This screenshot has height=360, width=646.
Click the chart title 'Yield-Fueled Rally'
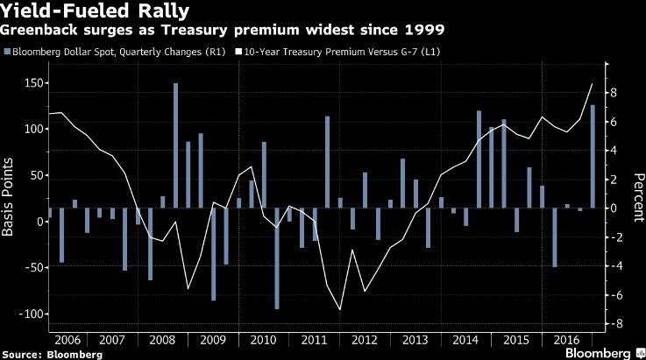click(79, 11)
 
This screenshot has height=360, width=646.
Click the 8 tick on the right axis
click(616, 93)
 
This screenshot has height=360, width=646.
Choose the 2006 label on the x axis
click(69, 339)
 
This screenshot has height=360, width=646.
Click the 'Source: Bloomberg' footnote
click(51, 354)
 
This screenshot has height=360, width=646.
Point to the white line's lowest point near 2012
click(339, 309)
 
